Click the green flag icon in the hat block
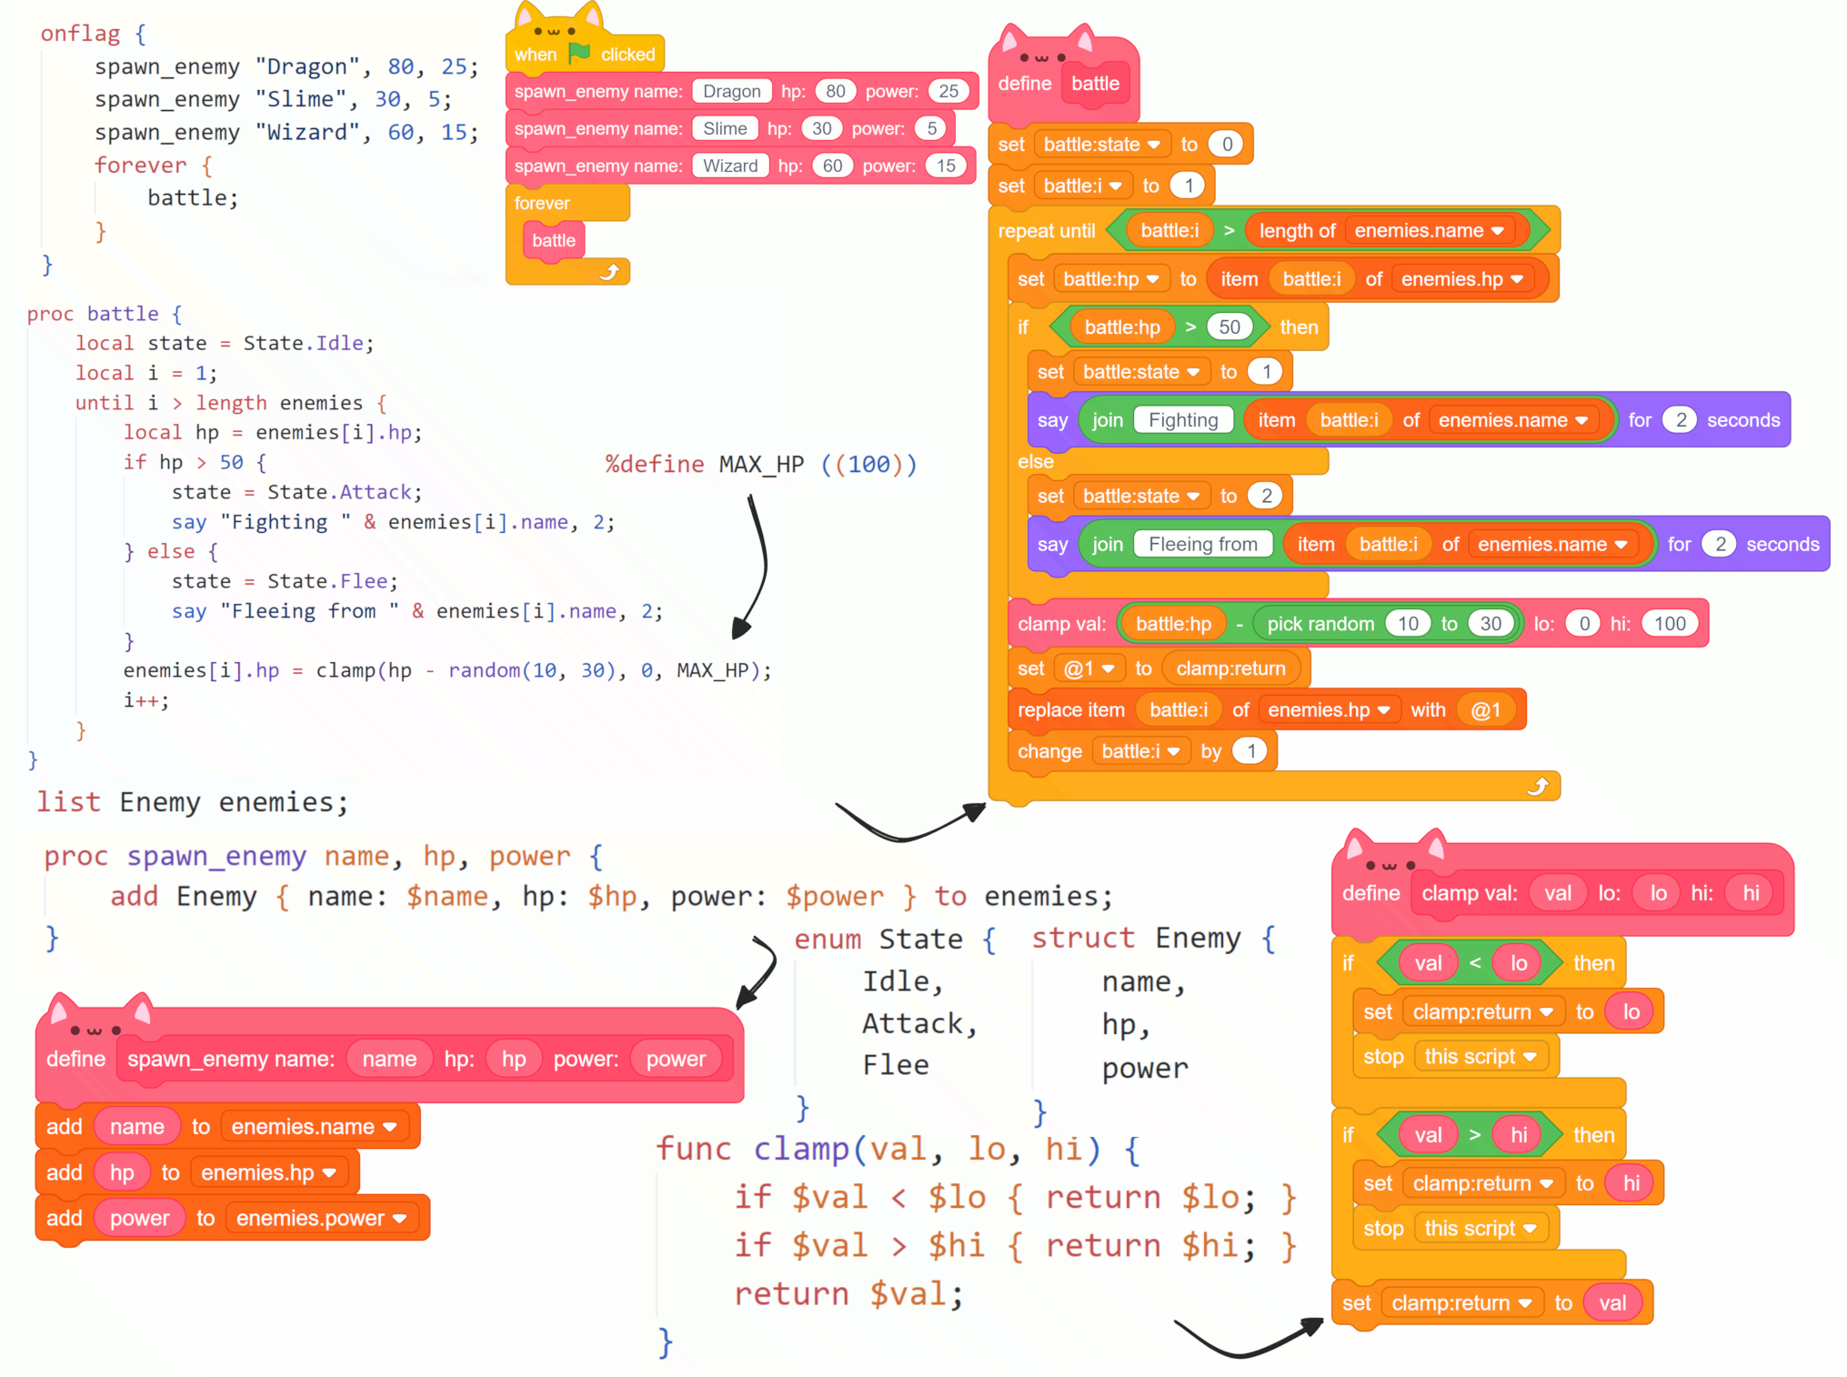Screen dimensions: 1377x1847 tap(578, 54)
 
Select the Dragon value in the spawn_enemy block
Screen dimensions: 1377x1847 tap(731, 91)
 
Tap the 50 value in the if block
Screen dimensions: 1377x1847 tap(1229, 327)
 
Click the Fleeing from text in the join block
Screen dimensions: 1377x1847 tap(1202, 545)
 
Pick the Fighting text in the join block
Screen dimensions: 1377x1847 tap(1182, 420)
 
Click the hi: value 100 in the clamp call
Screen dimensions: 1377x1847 tap(1669, 624)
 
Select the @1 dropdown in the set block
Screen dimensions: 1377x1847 tap(1089, 669)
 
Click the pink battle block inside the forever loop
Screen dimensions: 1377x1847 tap(554, 241)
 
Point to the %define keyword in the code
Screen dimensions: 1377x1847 tap(654, 465)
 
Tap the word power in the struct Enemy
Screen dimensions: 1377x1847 tap(1144, 1068)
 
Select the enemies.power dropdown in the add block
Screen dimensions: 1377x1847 tap(320, 1219)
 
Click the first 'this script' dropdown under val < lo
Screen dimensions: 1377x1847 tap(1480, 1057)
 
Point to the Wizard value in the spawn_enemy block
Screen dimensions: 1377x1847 tap(729, 166)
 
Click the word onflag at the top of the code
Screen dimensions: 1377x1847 tap(80, 35)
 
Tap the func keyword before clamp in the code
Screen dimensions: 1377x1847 tap(693, 1149)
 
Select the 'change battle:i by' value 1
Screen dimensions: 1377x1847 tap(1250, 751)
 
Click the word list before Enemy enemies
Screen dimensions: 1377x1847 tap(68, 802)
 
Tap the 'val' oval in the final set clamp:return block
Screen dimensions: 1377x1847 tap(1611, 1303)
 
